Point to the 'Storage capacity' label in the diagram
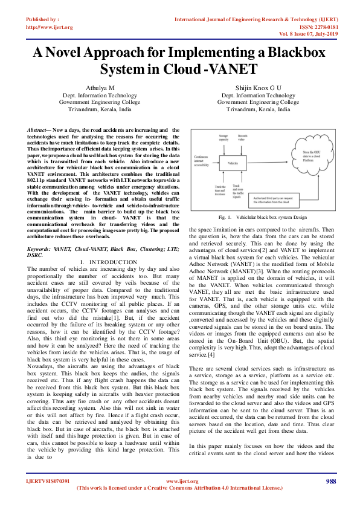[x=223, y=139]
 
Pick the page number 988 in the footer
[x=330, y=481]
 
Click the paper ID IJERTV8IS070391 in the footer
[x=48, y=481]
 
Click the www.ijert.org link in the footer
[x=178, y=481]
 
